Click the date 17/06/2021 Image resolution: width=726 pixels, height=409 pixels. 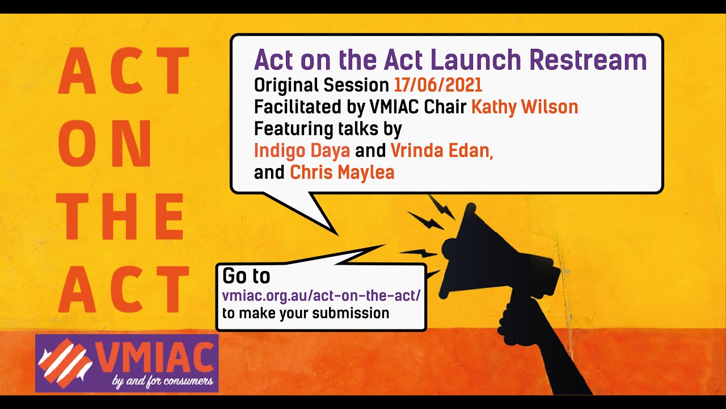(x=438, y=85)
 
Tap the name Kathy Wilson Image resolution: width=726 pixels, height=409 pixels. (x=525, y=107)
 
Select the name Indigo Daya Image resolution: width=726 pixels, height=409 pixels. (x=302, y=150)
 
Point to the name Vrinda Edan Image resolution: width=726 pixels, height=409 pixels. (x=441, y=150)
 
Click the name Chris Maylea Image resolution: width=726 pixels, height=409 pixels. (x=342, y=172)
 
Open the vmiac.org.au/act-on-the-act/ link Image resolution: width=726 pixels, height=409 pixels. (x=322, y=296)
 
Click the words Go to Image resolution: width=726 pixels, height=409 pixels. (x=246, y=276)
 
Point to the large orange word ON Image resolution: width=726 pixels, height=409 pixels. (x=105, y=147)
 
